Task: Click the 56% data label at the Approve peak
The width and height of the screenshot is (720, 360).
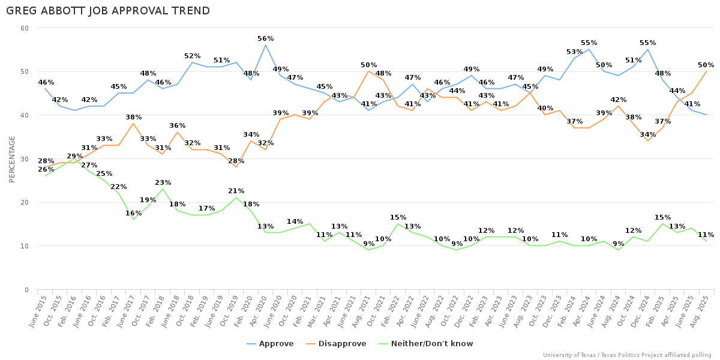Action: coord(265,39)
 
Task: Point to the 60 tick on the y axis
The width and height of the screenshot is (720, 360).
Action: coord(25,28)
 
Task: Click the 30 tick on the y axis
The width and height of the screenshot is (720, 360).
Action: coord(25,159)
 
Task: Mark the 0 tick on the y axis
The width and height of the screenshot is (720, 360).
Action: coord(26,290)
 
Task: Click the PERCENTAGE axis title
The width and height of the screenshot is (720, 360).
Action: coord(12,159)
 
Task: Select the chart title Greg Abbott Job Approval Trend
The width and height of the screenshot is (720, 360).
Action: coord(108,11)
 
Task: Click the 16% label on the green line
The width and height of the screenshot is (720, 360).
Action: coord(133,214)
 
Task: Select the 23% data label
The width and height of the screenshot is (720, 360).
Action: coord(163,183)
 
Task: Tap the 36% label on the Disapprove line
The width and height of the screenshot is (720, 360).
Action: coord(177,126)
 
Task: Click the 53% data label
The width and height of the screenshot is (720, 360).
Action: coord(574,52)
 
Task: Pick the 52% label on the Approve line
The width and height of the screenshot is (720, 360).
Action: coord(192,56)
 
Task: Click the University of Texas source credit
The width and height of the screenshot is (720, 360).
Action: coord(627,355)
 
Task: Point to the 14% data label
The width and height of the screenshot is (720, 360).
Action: coord(295,222)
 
